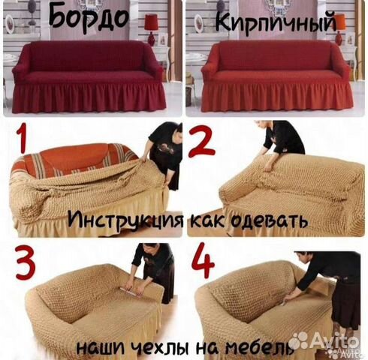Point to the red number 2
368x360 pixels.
pos(201,140)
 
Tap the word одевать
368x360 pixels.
pos(266,221)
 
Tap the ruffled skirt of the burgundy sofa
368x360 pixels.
pos(86,97)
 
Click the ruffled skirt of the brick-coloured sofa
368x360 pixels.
pos(277,97)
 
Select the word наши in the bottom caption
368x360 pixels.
pos(102,348)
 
